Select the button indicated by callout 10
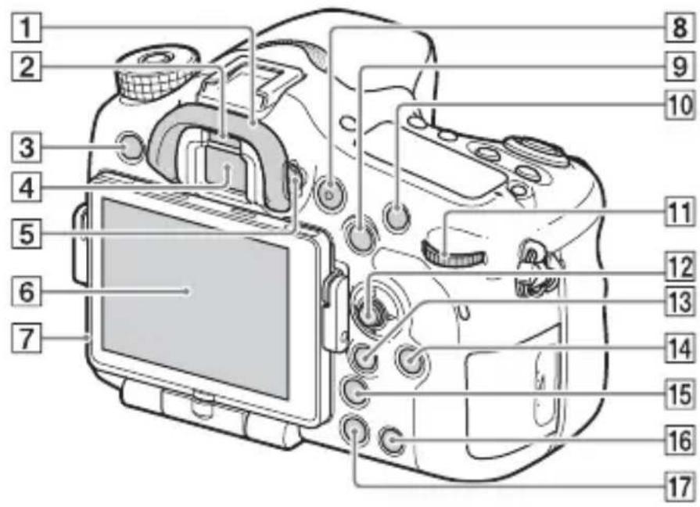(x=397, y=214)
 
